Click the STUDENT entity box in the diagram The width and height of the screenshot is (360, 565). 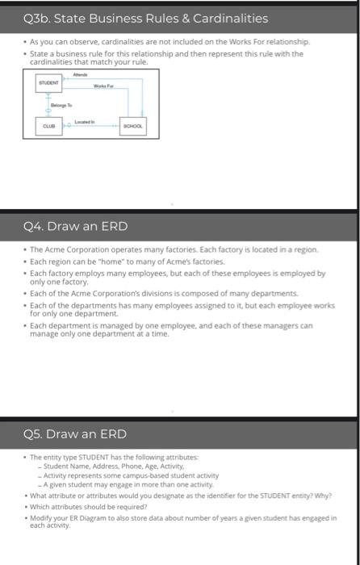[48, 83]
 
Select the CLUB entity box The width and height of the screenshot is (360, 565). [48, 126]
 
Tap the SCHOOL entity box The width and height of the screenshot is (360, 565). [133, 126]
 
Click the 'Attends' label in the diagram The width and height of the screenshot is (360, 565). [80, 74]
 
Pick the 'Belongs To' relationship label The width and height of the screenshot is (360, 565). [61, 105]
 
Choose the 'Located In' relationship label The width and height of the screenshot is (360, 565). [84, 122]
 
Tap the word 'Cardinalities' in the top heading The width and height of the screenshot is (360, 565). [231, 19]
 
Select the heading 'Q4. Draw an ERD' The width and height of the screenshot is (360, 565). [76, 226]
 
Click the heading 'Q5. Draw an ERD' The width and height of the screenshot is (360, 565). [75, 434]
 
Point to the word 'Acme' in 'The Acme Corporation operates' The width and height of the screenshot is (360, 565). [55, 249]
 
